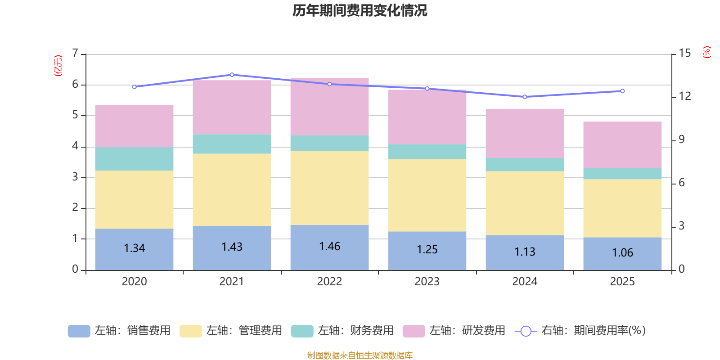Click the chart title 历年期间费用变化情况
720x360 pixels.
tap(360, 10)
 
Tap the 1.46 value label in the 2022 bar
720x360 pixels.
tap(329, 247)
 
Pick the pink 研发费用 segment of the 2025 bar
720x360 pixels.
tap(622, 144)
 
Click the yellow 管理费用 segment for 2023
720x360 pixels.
tap(427, 195)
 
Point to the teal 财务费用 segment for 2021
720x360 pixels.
tap(232, 144)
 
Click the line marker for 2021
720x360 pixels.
tap(232, 75)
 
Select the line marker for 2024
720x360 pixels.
tap(525, 97)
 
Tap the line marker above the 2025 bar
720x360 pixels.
tap(622, 91)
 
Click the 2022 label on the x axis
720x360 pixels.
tap(329, 282)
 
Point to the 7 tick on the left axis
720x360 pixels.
tap(75, 54)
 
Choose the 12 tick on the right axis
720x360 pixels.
tap(685, 96)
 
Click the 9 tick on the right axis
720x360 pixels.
tap(681, 139)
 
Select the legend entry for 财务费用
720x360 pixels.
tap(342, 331)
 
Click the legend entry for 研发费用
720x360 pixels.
tap(454, 331)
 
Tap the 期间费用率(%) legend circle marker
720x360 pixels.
tap(526, 331)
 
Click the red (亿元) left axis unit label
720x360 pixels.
tap(58, 66)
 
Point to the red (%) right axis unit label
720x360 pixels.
tap(706, 52)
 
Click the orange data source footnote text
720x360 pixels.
tap(360, 355)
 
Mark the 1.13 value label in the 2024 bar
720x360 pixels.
tap(525, 252)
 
